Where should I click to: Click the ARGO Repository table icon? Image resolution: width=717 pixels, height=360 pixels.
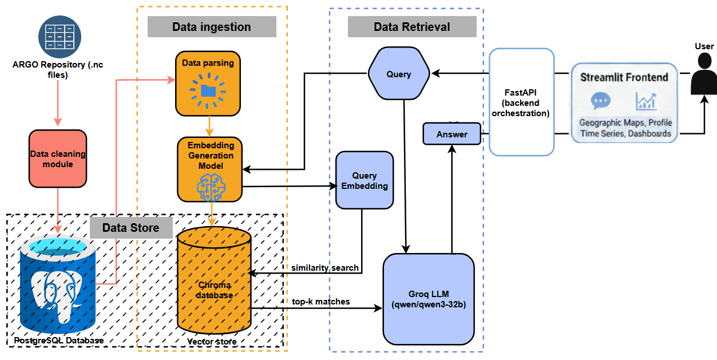[60, 37]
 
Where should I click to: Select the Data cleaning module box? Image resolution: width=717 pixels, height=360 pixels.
[58, 159]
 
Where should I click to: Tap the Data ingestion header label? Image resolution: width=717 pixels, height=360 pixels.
[212, 27]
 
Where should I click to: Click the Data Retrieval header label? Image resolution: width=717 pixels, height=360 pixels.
[411, 27]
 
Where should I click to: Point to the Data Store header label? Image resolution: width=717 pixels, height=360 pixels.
[131, 228]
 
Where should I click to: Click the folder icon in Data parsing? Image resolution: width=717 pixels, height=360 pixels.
[208, 90]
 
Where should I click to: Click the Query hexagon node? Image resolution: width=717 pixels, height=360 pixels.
[398, 74]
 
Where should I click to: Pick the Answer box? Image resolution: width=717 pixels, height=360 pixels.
[452, 134]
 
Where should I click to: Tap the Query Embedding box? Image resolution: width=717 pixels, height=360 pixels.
[365, 180]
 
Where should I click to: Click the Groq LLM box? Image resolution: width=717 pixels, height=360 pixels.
[429, 299]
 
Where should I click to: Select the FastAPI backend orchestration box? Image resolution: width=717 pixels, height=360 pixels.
[521, 102]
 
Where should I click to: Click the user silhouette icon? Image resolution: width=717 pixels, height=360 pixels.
[703, 75]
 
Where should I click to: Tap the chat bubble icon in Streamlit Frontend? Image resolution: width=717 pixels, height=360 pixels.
[600, 101]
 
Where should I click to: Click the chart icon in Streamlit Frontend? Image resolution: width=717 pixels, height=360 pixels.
[646, 101]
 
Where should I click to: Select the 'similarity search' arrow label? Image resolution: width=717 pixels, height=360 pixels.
[324, 267]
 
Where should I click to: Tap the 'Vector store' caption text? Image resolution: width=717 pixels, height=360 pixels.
[212, 342]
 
